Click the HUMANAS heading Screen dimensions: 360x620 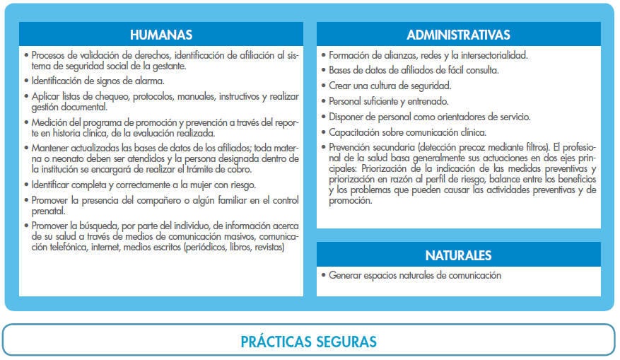click(161, 35)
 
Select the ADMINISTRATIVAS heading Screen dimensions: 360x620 click(458, 35)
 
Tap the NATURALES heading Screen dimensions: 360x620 click(458, 255)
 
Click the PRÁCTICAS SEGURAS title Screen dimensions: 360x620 click(308, 342)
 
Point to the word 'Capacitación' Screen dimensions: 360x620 click(356, 132)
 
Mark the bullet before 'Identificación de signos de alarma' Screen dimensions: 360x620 click(26, 81)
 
